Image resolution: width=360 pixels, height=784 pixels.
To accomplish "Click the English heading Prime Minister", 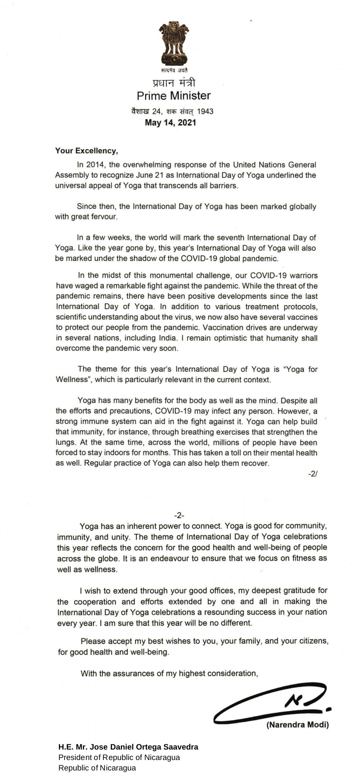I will coord(173,96).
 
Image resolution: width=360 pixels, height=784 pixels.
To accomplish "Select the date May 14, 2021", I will coord(170,123).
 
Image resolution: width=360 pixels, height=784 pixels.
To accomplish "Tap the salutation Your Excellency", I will coord(86,151).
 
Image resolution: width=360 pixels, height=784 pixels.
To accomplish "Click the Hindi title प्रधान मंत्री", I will coord(173,83).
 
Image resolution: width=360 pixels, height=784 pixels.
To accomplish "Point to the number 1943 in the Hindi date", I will coord(205,111).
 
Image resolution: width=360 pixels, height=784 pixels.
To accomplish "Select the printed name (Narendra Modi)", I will coord(297,725).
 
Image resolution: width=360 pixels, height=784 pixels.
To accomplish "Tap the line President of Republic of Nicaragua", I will coord(119,757).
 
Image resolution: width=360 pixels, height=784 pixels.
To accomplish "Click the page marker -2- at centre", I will coord(179,515).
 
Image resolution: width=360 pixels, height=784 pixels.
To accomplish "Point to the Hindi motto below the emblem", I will coord(174,70).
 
